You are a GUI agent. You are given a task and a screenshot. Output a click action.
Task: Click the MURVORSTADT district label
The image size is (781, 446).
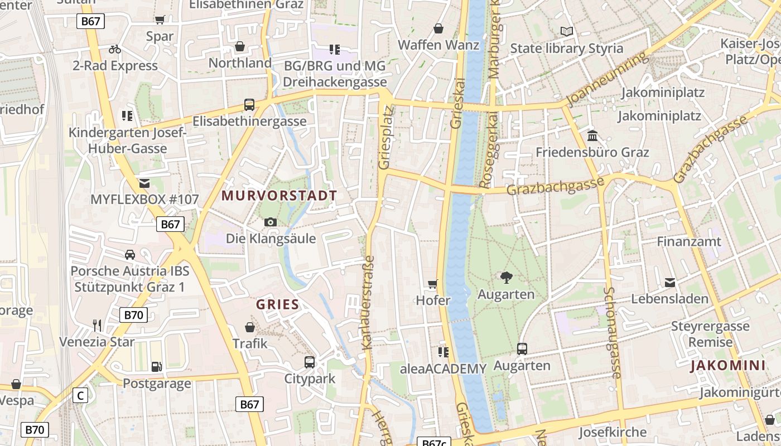[x=279, y=196]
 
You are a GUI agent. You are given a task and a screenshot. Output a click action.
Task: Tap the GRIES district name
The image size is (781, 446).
[x=278, y=305]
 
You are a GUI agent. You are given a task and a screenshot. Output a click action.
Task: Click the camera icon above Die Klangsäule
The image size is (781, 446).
[x=271, y=222]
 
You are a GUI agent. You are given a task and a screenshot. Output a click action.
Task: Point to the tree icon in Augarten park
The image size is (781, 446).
[x=507, y=277]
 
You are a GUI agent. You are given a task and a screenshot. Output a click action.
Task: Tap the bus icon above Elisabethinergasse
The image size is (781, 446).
[x=249, y=104]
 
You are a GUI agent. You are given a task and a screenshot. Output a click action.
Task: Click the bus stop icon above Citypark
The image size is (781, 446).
[x=310, y=362]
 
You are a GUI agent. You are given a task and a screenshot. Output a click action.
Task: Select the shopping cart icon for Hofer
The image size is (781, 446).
[x=433, y=284]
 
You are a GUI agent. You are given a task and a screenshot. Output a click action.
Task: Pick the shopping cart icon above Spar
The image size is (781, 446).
[x=160, y=20]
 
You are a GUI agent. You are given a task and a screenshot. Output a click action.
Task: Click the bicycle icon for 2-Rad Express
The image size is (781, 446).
[x=115, y=49]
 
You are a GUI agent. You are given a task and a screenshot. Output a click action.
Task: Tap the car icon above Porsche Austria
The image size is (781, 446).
[x=130, y=254]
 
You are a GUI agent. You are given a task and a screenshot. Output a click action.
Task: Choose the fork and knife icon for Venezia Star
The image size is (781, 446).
[x=97, y=325]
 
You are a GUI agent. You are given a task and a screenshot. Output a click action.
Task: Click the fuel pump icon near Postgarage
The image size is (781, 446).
[x=157, y=366]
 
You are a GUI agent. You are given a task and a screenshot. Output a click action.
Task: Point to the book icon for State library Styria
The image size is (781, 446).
[x=567, y=31]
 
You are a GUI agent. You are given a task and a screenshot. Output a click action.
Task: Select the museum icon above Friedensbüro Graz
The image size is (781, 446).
[x=592, y=135]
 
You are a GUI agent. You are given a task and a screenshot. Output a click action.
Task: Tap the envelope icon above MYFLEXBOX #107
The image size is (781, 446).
[x=144, y=183]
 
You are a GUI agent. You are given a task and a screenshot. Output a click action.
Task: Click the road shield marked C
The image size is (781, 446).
[x=80, y=396]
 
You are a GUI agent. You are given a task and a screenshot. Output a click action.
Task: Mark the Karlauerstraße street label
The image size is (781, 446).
[x=368, y=302]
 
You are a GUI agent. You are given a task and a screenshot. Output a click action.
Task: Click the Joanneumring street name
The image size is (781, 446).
[x=608, y=78]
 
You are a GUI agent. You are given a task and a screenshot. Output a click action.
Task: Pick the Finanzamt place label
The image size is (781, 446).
[x=689, y=242]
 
